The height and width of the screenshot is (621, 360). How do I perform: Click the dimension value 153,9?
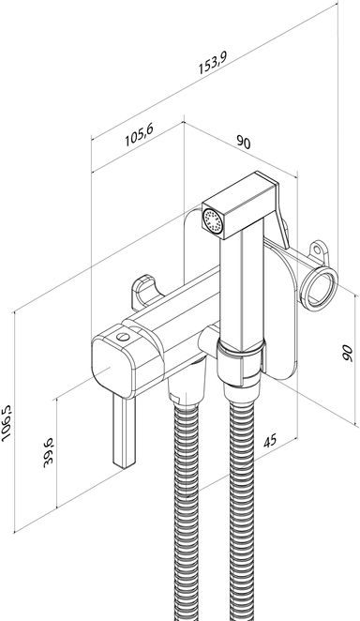coord(213,63)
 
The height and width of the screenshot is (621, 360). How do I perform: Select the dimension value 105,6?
coord(139,135)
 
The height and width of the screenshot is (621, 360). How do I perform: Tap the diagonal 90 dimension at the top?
coord(244,142)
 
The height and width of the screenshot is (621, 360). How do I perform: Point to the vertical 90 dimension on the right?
coord(347,353)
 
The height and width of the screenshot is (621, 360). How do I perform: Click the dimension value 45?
coord(270,441)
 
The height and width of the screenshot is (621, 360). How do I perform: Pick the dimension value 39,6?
coord(48,453)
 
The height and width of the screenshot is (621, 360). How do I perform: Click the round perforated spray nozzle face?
coord(213,220)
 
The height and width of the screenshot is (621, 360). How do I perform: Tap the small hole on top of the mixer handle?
coord(123,337)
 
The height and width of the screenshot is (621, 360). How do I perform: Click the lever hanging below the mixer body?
coord(125,432)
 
